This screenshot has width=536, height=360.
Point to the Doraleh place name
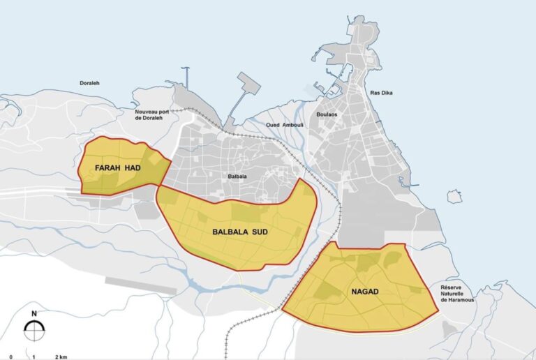pyautogui.click(x=89, y=82)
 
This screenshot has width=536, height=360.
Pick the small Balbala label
pyautogui.click(x=237, y=177)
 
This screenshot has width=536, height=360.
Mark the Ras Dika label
pyautogui.click(x=380, y=93)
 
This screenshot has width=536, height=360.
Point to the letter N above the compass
pyautogui.click(x=33, y=313)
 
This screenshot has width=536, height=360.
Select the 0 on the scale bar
pyautogui.click(x=11, y=357)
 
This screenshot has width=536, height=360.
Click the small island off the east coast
pyautogui.click(x=454, y=197)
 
